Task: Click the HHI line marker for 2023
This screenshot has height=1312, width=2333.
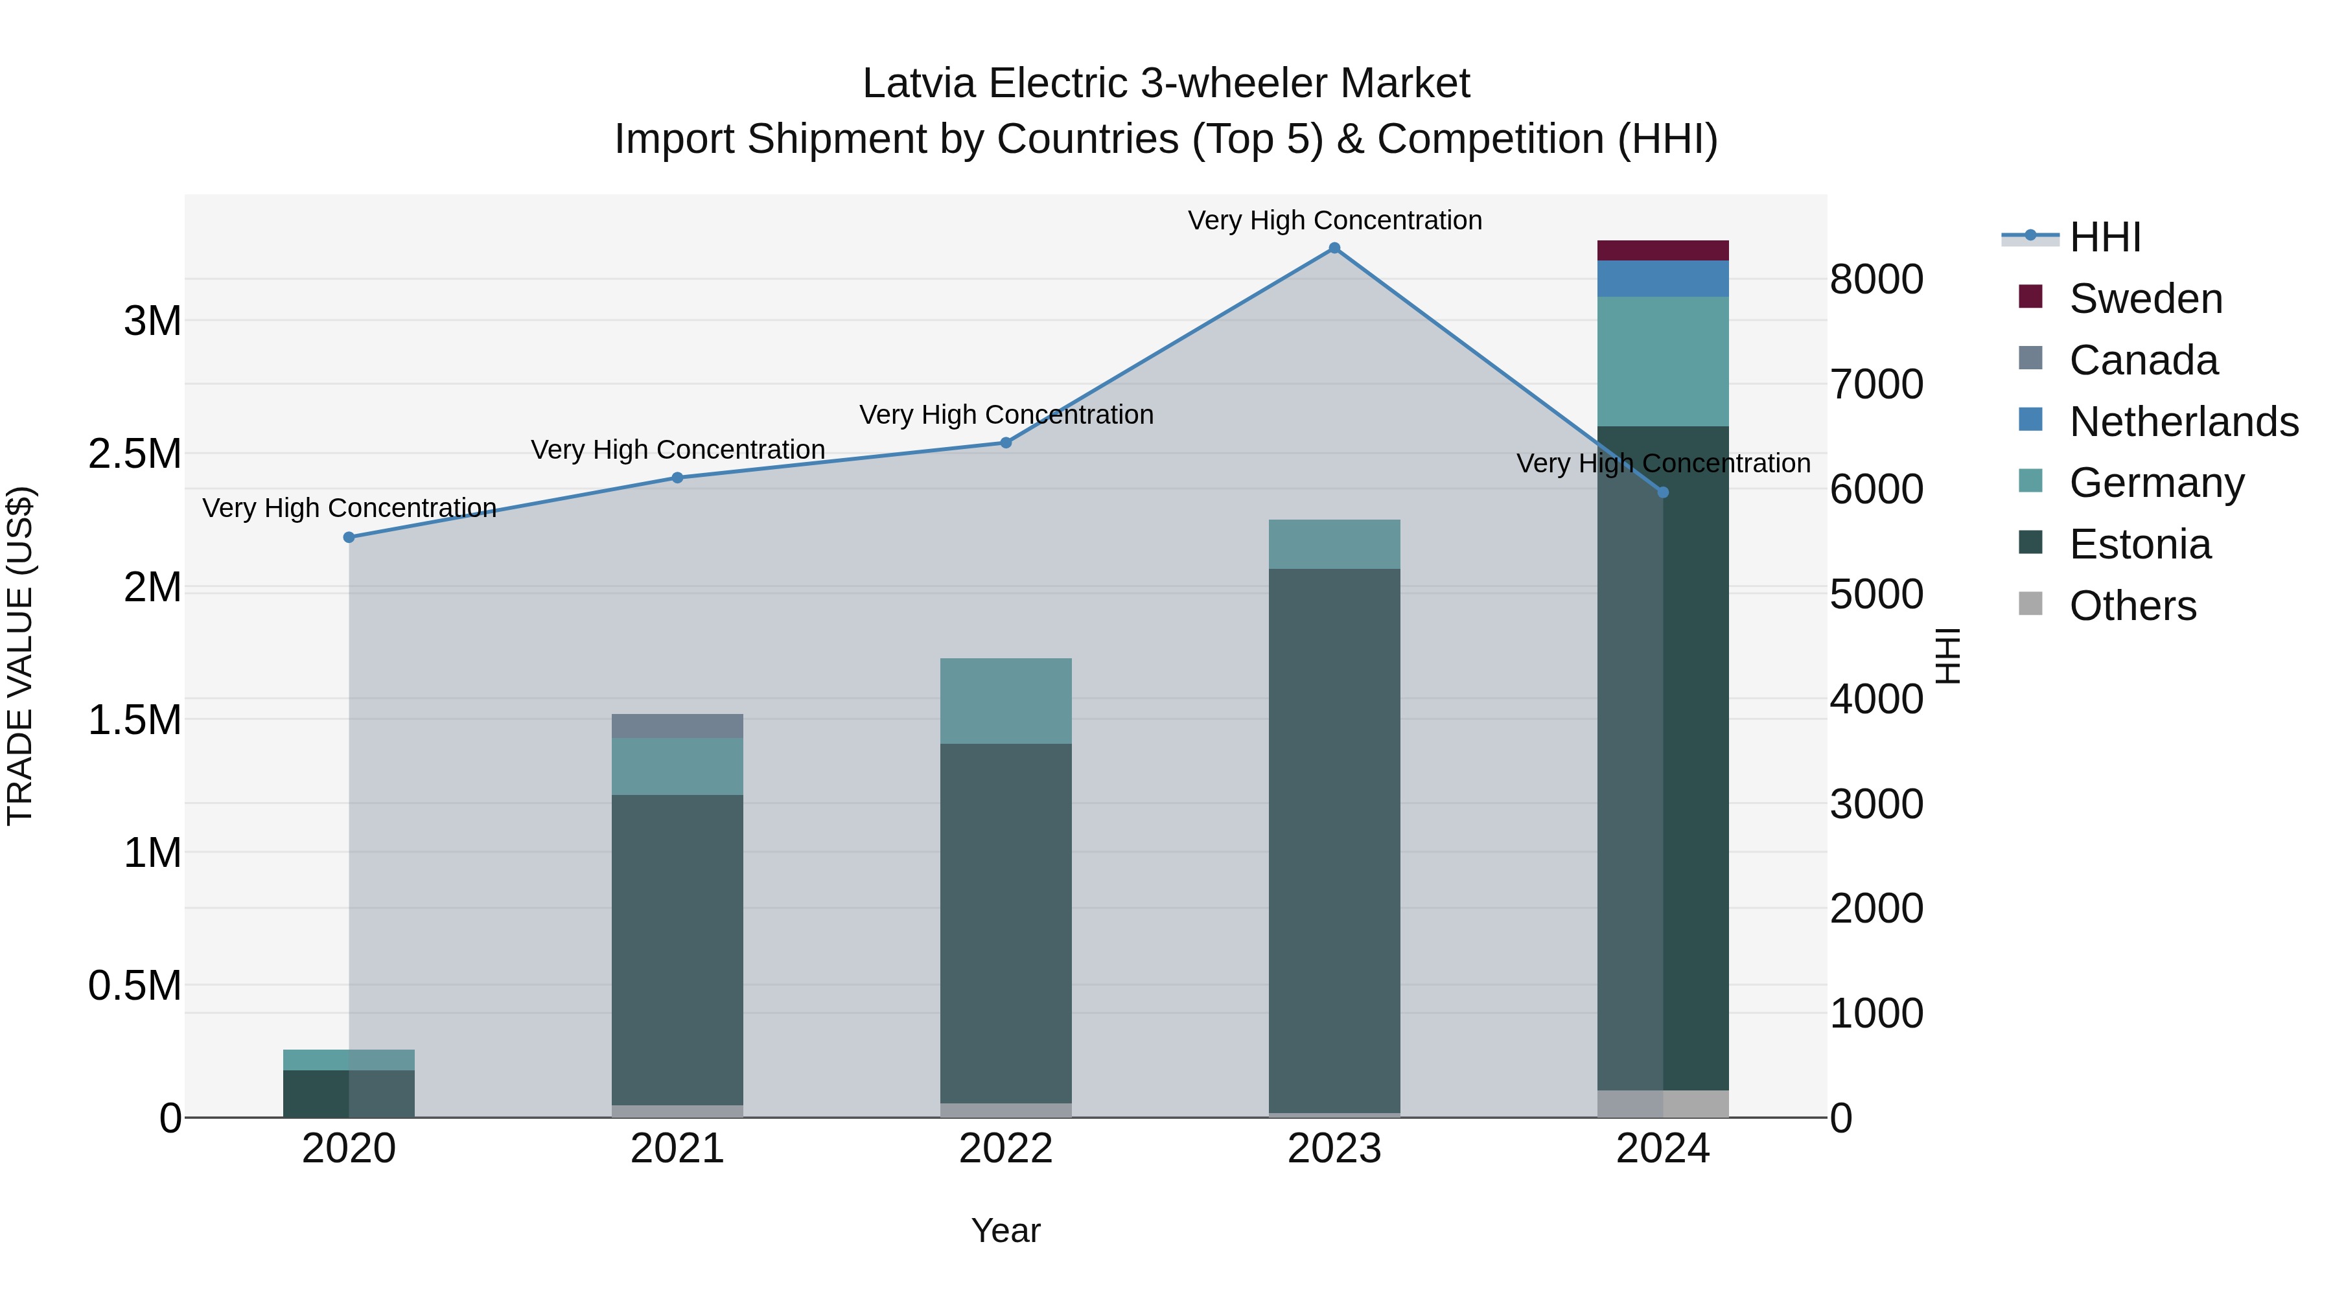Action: pos(1334,248)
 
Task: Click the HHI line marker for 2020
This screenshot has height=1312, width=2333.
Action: pos(349,537)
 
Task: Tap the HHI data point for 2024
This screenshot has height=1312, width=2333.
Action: pos(1663,492)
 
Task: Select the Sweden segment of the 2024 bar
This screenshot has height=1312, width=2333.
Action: pos(1663,251)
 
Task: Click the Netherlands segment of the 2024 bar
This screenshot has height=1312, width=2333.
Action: pos(1663,279)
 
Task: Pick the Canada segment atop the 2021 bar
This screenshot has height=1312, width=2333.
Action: pos(677,726)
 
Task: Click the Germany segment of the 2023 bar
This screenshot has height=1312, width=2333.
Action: pos(1334,544)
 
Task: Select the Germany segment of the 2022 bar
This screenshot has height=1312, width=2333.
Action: pos(1005,701)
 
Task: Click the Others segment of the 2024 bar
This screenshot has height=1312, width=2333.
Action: pos(1663,1104)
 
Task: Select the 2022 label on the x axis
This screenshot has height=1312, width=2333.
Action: pos(1005,1149)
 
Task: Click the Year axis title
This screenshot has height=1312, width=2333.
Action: pos(1005,1230)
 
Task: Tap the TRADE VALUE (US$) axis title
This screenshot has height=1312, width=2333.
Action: pos(20,656)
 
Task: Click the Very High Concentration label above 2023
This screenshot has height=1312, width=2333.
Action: pos(1334,220)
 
